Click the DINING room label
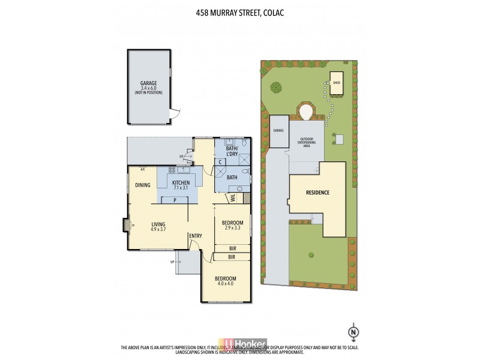pyautogui.click(x=142, y=185)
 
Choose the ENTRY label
pyautogui.click(x=196, y=235)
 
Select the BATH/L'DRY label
pyautogui.click(x=232, y=151)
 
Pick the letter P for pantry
pyautogui.click(x=174, y=200)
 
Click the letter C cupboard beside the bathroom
pyautogui.click(x=220, y=162)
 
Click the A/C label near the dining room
pyautogui.click(x=143, y=169)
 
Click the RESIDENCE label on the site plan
pyautogui.click(x=317, y=193)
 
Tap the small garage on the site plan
pyautogui.click(x=278, y=130)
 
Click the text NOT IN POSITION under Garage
pyautogui.click(x=148, y=92)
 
